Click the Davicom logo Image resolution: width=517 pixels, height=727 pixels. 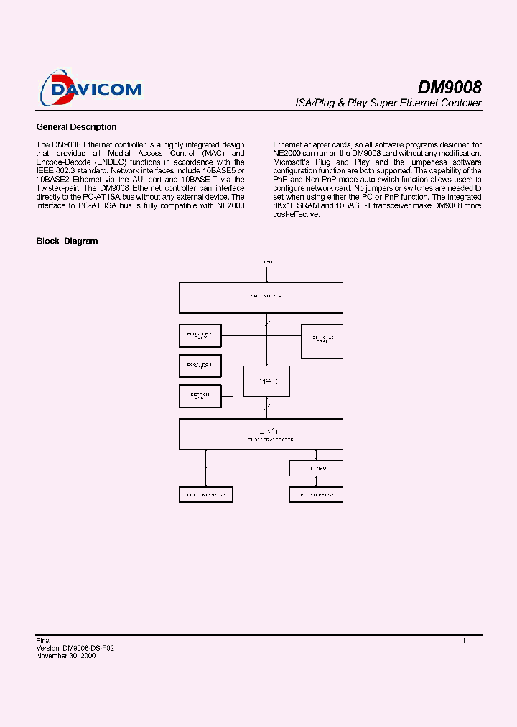[x=91, y=88]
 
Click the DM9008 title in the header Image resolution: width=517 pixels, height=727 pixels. [x=450, y=87]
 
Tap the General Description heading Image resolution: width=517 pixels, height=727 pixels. [x=76, y=127]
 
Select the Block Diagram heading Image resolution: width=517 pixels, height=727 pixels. [x=67, y=241]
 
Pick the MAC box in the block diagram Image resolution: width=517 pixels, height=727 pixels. [x=266, y=381]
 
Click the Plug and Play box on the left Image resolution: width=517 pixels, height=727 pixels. [x=200, y=335]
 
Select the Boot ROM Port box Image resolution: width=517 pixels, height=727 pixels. [x=200, y=366]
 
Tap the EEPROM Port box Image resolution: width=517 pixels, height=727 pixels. [x=200, y=397]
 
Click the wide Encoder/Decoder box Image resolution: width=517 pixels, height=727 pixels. [x=261, y=434]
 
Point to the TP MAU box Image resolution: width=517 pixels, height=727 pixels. [x=316, y=468]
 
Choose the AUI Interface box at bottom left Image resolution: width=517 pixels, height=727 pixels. [x=206, y=495]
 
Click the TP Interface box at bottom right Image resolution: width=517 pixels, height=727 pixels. [x=316, y=495]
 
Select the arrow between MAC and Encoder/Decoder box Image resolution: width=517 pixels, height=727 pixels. [x=267, y=407]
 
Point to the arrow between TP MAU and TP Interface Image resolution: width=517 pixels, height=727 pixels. [x=316, y=481]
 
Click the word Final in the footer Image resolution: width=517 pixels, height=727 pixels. [x=43, y=639]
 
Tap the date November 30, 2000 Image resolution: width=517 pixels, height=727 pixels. [x=66, y=656]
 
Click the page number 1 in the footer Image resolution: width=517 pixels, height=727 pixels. [x=464, y=640]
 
